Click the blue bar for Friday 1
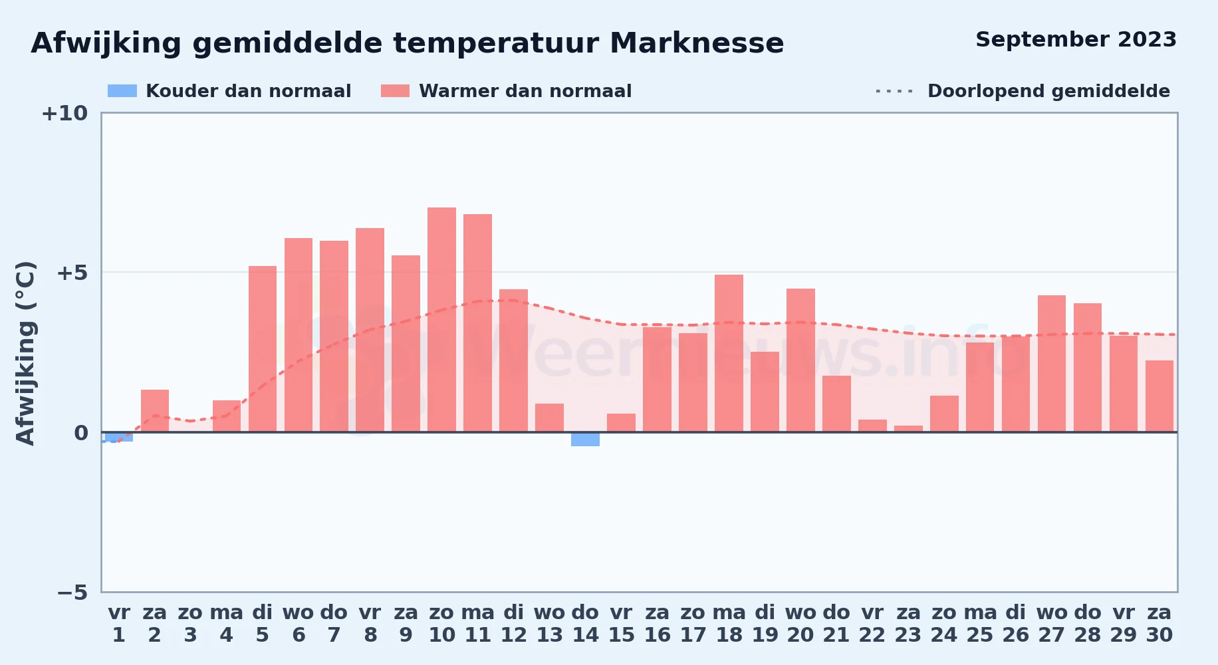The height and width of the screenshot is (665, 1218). click(x=119, y=437)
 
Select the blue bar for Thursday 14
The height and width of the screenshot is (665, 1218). click(x=585, y=439)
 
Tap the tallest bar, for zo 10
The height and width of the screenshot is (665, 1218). click(x=441, y=320)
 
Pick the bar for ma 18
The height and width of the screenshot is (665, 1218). click(x=729, y=353)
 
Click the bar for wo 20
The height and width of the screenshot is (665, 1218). click(x=800, y=360)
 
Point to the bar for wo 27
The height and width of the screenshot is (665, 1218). click(x=1052, y=364)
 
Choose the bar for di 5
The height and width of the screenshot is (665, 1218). click(x=263, y=349)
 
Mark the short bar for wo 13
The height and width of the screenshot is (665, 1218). click(x=549, y=418)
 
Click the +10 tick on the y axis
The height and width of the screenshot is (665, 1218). click(x=64, y=114)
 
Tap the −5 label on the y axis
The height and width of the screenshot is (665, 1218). click(x=72, y=593)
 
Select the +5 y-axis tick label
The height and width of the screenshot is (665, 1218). click(x=72, y=273)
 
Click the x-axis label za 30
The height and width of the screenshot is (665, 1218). click(x=1159, y=624)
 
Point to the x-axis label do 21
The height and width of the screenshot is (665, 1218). click(x=836, y=624)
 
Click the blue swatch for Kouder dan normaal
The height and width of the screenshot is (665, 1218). click(x=122, y=91)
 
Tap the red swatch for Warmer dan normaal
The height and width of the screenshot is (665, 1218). click(x=395, y=91)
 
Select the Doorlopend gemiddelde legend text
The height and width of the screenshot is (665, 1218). click(x=1048, y=91)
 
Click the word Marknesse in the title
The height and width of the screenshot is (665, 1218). click(x=697, y=43)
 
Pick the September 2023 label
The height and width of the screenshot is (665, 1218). click(x=1076, y=40)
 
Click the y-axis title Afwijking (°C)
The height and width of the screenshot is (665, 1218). click(x=26, y=353)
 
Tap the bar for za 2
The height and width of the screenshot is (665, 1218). click(x=155, y=411)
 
